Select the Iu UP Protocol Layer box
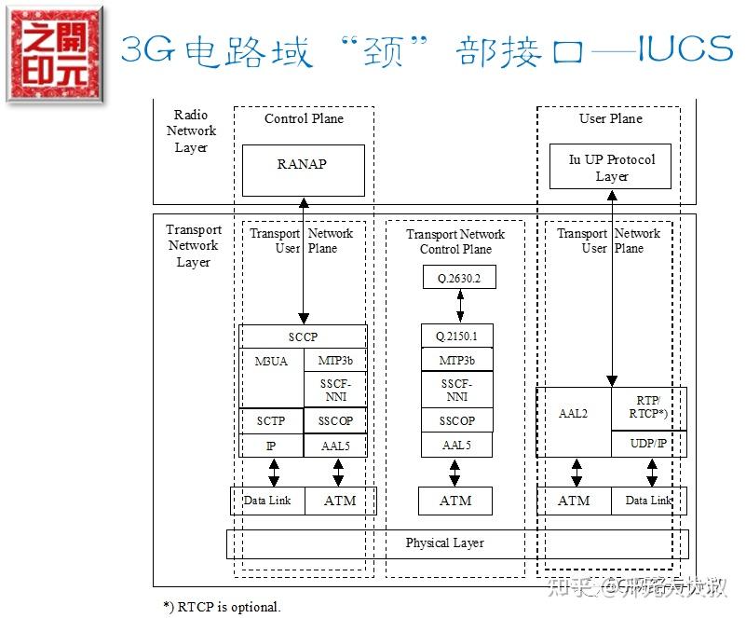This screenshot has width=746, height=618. [611, 168]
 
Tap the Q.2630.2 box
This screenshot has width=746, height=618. [458, 276]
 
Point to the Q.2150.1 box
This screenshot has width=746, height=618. [456, 336]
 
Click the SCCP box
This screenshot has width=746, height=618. [303, 336]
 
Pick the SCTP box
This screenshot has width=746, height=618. [271, 421]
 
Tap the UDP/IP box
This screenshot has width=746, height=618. [648, 444]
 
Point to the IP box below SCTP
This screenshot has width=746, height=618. [271, 446]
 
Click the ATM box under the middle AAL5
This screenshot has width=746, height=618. [455, 501]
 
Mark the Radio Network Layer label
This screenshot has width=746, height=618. [191, 131]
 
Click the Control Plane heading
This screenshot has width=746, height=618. [304, 118]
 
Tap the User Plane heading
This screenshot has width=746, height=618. [611, 118]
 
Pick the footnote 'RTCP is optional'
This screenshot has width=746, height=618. [222, 607]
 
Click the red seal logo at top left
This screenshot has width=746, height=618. [53, 52]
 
